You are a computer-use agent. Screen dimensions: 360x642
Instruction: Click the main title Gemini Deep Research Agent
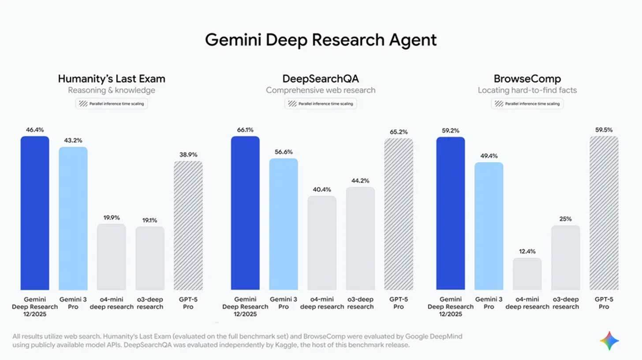(x=321, y=40)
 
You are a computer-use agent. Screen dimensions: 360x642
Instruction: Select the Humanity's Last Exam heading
(x=112, y=79)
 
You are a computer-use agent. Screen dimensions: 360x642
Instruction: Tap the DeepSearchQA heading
(x=321, y=79)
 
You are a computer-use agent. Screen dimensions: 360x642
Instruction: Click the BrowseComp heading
(x=527, y=79)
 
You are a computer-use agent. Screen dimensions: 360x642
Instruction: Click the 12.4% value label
(x=527, y=251)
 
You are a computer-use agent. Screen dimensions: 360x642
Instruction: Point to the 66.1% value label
(x=245, y=130)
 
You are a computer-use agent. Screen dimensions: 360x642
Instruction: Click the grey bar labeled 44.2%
(x=360, y=238)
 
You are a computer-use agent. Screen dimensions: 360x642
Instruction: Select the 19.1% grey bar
(x=150, y=258)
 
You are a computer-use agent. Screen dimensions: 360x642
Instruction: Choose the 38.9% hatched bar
(x=188, y=225)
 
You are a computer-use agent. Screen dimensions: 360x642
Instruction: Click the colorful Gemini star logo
(x=609, y=341)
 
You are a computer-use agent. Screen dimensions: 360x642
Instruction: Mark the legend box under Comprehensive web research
(x=321, y=104)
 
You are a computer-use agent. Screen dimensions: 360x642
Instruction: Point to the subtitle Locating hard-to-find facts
(x=527, y=90)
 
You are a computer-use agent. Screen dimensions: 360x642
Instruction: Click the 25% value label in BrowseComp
(x=565, y=219)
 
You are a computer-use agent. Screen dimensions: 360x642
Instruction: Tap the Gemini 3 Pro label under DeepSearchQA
(x=284, y=303)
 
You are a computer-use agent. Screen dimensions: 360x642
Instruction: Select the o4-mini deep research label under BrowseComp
(x=527, y=303)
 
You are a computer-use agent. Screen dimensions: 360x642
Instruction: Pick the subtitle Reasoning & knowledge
(x=112, y=90)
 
